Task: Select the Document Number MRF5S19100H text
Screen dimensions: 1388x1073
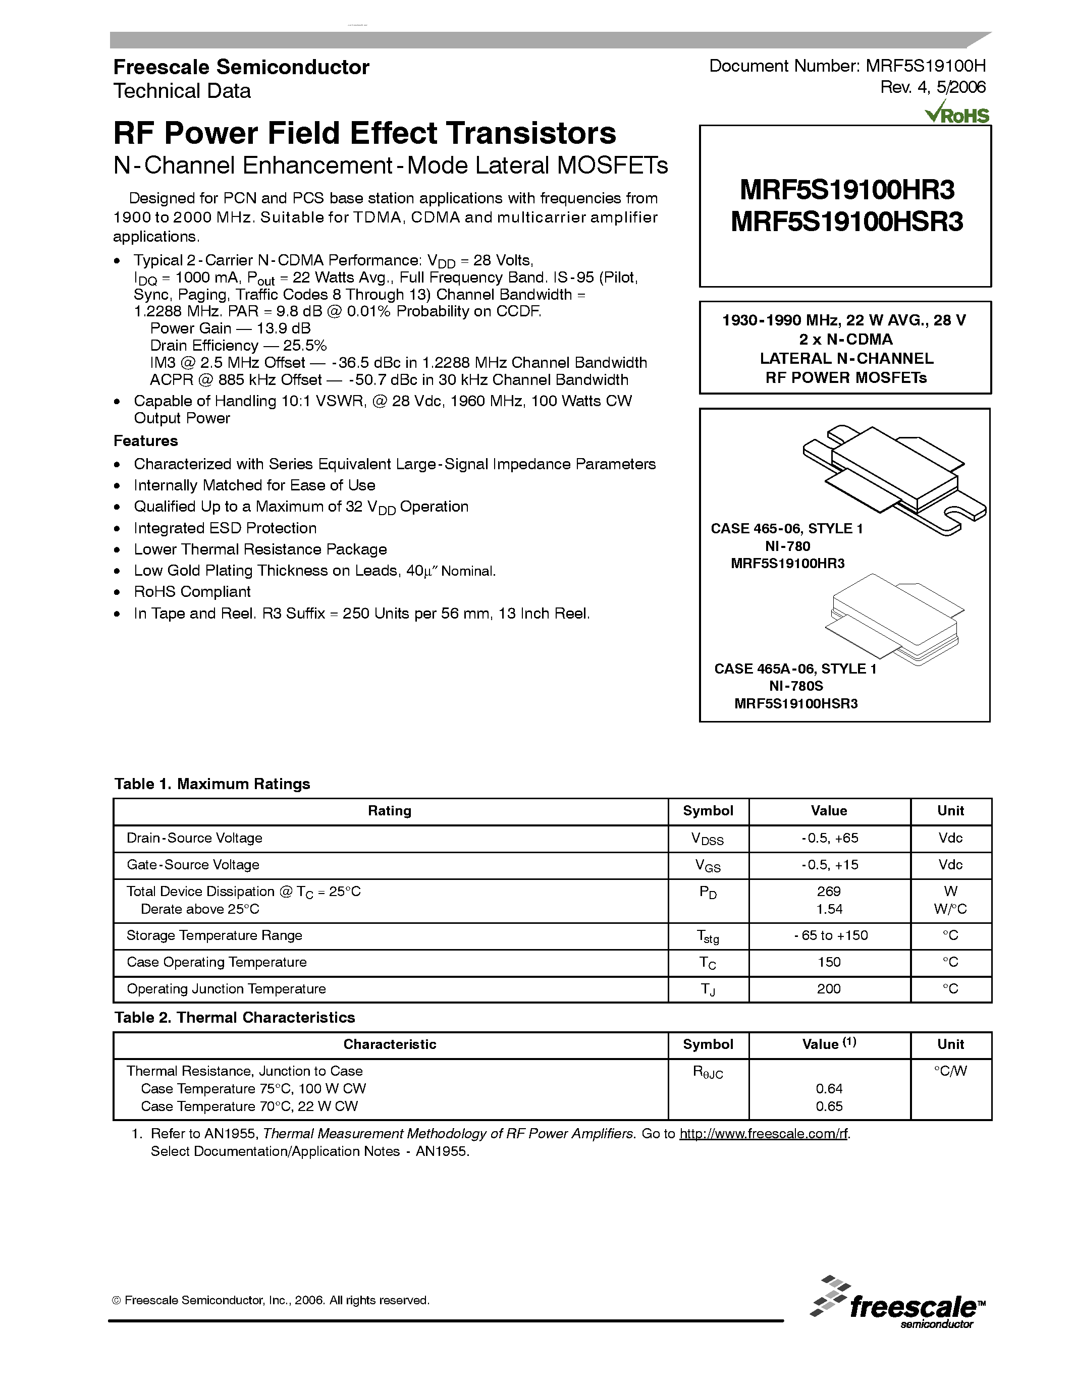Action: coord(847,66)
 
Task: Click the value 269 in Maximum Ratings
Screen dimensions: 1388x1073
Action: coord(828,892)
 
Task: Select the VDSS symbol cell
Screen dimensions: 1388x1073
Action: coord(708,839)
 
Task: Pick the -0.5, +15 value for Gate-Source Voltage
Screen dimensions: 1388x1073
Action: coord(829,865)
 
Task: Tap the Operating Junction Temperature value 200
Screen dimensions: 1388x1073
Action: coord(828,989)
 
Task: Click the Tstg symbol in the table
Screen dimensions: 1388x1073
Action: coord(708,936)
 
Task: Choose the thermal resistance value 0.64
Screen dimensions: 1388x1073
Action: coord(828,1089)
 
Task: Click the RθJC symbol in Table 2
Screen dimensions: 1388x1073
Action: coord(708,1072)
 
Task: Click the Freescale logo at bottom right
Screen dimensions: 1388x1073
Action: coord(898,1302)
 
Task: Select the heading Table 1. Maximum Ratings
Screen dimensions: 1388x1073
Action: coord(212,784)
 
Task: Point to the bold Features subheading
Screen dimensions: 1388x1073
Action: coord(145,440)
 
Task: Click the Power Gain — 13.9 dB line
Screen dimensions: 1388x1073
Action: coord(230,328)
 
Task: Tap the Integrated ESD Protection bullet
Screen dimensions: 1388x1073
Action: coord(225,528)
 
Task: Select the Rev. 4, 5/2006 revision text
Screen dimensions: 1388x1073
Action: coord(933,87)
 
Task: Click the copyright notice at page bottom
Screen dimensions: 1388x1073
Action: coord(271,1300)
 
